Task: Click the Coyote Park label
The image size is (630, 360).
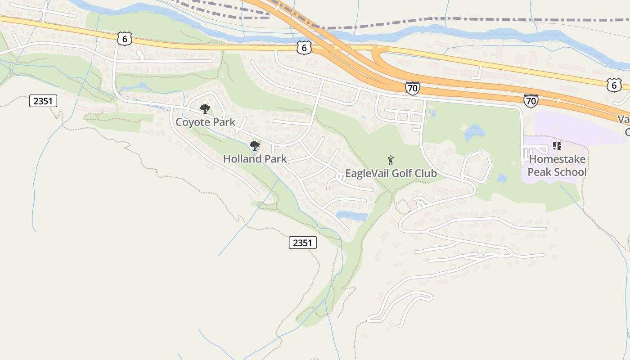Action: tap(205, 122)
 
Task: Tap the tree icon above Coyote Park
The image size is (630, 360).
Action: tap(205, 108)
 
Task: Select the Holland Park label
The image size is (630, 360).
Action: tap(255, 159)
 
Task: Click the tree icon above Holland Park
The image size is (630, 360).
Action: tap(255, 145)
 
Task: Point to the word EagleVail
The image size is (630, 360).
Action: tap(364, 173)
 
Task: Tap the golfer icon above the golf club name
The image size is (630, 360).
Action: tap(391, 160)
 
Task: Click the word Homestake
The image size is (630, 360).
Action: tap(557, 159)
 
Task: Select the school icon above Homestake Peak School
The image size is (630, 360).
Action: tap(557, 146)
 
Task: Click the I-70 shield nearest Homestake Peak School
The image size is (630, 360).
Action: tap(531, 101)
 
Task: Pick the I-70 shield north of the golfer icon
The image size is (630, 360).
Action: tap(412, 88)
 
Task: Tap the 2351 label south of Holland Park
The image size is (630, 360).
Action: tap(302, 243)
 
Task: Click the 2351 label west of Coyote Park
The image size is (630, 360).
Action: tap(43, 101)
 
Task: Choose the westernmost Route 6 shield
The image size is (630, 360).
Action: tap(125, 39)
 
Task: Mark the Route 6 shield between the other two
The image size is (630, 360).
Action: tap(304, 48)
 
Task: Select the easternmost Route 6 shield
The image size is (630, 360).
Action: tap(614, 85)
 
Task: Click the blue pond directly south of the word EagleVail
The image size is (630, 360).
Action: tap(352, 216)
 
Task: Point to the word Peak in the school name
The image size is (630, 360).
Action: tap(538, 172)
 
